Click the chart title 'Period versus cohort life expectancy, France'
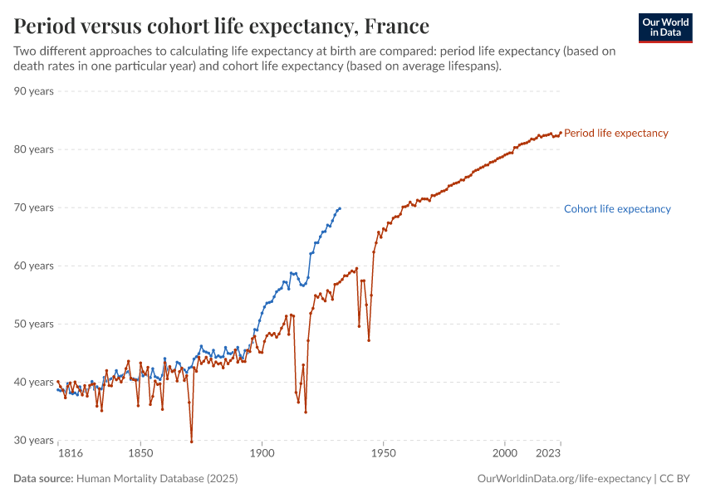pos(222,25)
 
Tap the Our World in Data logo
pos(665,27)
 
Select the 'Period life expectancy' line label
pos(615,133)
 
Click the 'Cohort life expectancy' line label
pos(617,209)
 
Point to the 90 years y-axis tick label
pos(34,91)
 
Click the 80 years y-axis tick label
pos(34,149)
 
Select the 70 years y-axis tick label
pos(34,207)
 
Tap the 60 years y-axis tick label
pos(34,266)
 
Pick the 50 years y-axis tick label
pos(34,324)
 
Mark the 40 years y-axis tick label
pos(34,382)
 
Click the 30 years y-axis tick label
pos(34,440)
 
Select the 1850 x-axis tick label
pos(140,454)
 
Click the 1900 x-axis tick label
pos(262,454)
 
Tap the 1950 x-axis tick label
pos(384,454)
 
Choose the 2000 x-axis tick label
pos(505,454)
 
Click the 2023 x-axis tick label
pos(548,454)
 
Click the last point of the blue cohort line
pos(340,208)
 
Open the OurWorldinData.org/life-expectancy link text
pos(565,479)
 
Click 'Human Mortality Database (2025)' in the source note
pos(157,479)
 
